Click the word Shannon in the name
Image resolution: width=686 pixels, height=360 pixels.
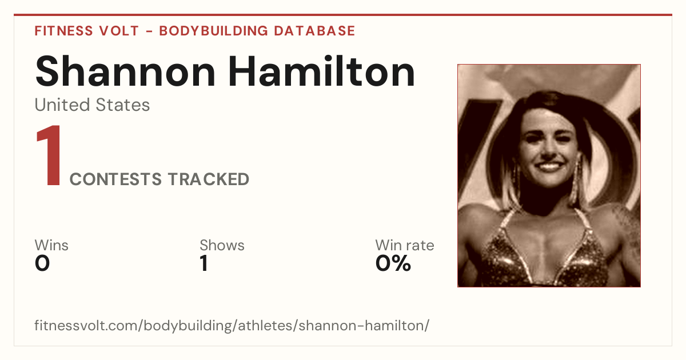(x=125, y=71)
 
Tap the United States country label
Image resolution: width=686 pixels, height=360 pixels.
(x=92, y=105)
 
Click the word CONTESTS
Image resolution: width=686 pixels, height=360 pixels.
(x=115, y=179)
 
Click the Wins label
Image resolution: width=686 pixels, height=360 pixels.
(x=51, y=245)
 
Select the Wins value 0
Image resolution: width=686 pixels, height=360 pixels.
(x=42, y=263)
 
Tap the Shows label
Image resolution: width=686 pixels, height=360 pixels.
(x=222, y=245)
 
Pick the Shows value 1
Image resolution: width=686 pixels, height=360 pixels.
(x=204, y=263)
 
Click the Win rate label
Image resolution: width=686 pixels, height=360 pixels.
(x=405, y=245)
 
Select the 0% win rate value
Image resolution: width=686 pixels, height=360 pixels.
(x=393, y=263)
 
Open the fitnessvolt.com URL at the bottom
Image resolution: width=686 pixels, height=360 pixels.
(x=232, y=325)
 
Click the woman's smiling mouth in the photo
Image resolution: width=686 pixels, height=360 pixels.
(x=549, y=166)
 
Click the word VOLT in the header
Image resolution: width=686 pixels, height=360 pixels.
(x=119, y=31)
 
